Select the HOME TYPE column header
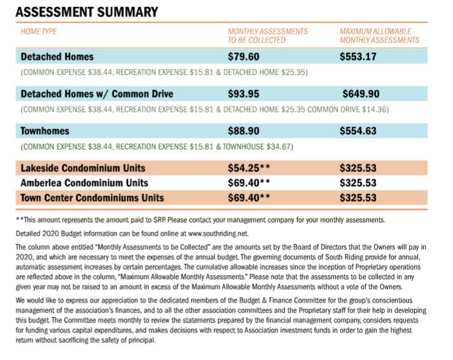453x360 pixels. pyautogui.click(x=39, y=31)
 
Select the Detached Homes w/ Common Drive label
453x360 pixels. pyautogui.click(x=97, y=94)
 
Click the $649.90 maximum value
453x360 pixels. pyautogui.click(x=362, y=94)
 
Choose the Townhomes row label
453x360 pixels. pyautogui.click(x=45, y=131)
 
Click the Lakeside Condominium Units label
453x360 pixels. pyautogui.click(x=83, y=169)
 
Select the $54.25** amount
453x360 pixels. pyautogui.click(x=249, y=169)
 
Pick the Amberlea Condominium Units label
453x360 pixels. pyautogui.click(x=84, y=183)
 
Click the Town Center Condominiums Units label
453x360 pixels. pyautogui.click(x=92, y=197)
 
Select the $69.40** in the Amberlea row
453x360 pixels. pyautogui.click(x=249, y=183)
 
